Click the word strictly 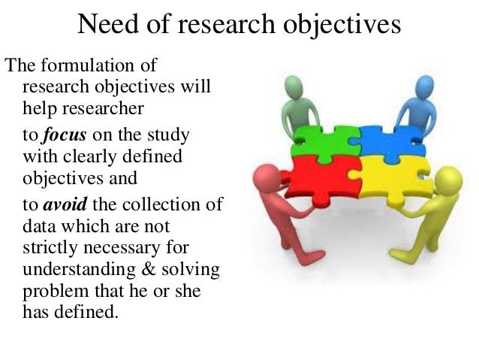coord(47,249)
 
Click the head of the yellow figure coord(447,180)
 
